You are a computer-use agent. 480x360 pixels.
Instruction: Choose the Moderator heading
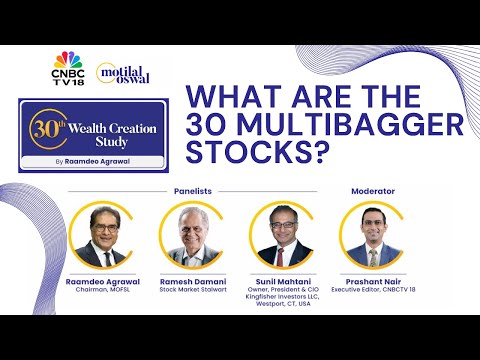click(372, 190)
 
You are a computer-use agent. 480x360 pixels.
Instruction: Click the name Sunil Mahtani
click(282, 284)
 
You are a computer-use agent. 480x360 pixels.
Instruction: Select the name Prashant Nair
click(372, 284)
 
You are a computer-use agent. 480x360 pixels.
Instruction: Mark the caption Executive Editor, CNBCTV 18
click(372, 293)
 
